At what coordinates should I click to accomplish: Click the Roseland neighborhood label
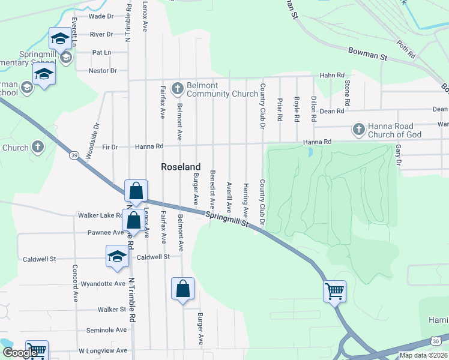(x=180, y=167)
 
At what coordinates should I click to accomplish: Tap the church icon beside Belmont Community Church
(x=177, y=89)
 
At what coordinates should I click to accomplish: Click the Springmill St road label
(x=227, y=218)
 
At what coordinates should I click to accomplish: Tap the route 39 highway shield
(x=74, y=155)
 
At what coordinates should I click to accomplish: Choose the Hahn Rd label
(x=332, y=75)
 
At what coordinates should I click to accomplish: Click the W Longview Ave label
(x=103, y=350)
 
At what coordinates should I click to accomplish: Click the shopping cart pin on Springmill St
(x=334, y=292)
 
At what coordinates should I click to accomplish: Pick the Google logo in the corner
(x=19, y=353)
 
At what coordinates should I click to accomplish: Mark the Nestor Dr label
(x=103, y=71)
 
